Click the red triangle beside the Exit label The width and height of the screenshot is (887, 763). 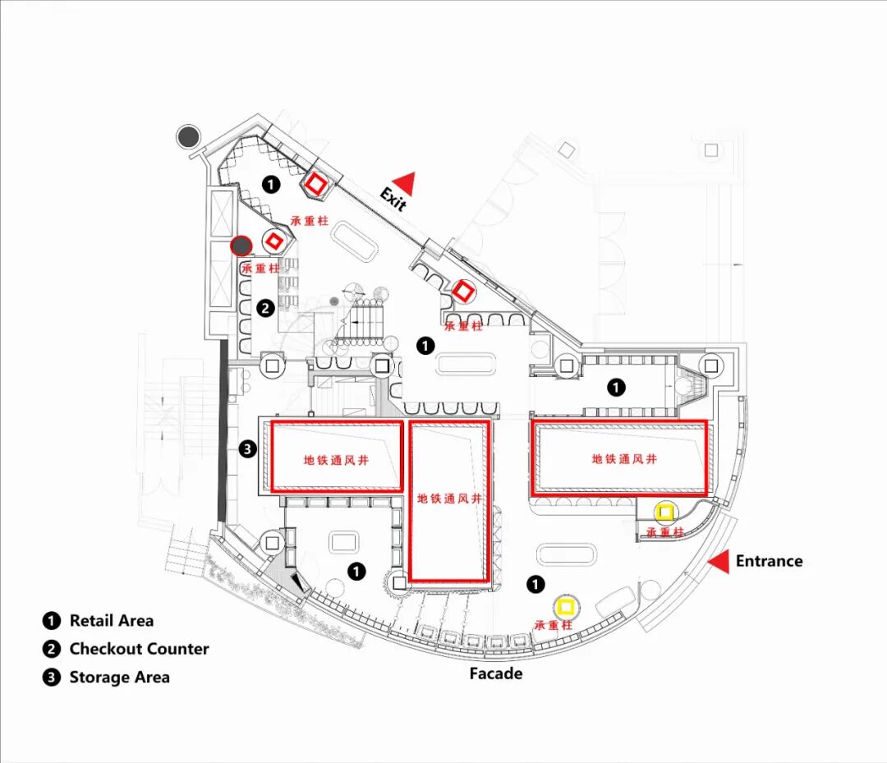point(404,183)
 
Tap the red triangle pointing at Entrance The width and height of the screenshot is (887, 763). point(719,562)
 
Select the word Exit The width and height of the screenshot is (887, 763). point(393,199)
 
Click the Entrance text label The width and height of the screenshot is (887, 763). point(769,562)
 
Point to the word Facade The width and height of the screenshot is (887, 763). point(495,673)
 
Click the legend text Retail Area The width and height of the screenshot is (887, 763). point(111,621)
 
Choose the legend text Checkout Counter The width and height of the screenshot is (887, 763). point(139,649)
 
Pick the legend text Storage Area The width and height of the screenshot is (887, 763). point(119,678)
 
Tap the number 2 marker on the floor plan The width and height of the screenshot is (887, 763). point(265,309)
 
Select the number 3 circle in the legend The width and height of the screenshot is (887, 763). point(52,678)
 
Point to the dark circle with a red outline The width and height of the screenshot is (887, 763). point(241,245)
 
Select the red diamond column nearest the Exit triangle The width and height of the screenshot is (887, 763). point(315,184)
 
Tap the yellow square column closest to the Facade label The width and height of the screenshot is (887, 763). point(565,608)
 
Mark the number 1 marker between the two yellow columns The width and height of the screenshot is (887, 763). point(535,584)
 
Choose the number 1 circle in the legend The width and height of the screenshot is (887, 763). point(52,621)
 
